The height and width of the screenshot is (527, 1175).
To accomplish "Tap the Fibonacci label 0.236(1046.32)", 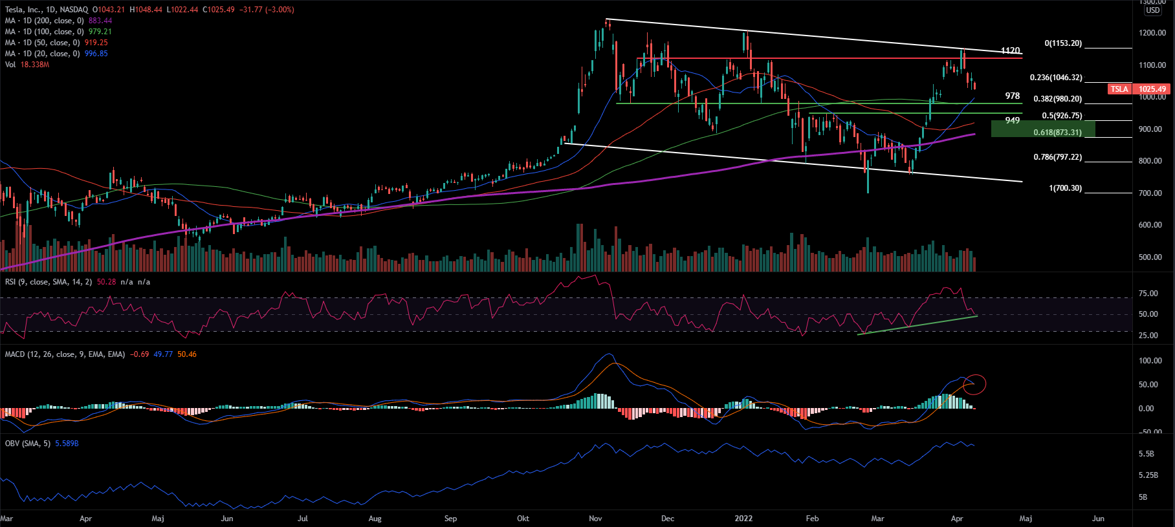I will [x=1056, y=78].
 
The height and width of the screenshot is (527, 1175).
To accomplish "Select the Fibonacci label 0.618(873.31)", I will [x=1057, y=133].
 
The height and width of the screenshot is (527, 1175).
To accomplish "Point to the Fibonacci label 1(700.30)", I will [x=1065, y=188].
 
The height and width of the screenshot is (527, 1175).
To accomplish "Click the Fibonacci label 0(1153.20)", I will [x=1063, y=43].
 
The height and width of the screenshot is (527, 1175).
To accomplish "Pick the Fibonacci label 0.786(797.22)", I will [x=1057, y=157].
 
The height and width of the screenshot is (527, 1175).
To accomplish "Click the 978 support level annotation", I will [x=1013, y=96].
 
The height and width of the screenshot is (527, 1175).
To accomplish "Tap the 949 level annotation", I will [x=1013, y=120].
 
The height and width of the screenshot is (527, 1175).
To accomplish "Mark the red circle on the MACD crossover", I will [x=974, y=385].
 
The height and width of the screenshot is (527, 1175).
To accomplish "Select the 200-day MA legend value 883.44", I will [x=100, y=21].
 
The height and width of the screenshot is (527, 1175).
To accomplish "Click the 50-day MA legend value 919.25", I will [x=96, y=43].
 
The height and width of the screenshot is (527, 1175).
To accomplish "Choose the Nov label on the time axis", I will [x=596, y=519].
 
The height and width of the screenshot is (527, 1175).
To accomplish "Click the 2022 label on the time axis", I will [x=743, y=519].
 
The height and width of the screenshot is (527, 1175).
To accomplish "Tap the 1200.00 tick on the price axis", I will [x=1152, y=33].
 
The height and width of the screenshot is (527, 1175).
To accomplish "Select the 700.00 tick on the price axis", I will [x=1150, y=193].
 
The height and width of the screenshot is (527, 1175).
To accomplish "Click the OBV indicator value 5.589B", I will [x=67, y=444].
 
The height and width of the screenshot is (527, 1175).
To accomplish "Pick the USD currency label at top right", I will [x=1153, y=10].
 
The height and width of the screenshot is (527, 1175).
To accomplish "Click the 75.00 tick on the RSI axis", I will [x=1148, y=294].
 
